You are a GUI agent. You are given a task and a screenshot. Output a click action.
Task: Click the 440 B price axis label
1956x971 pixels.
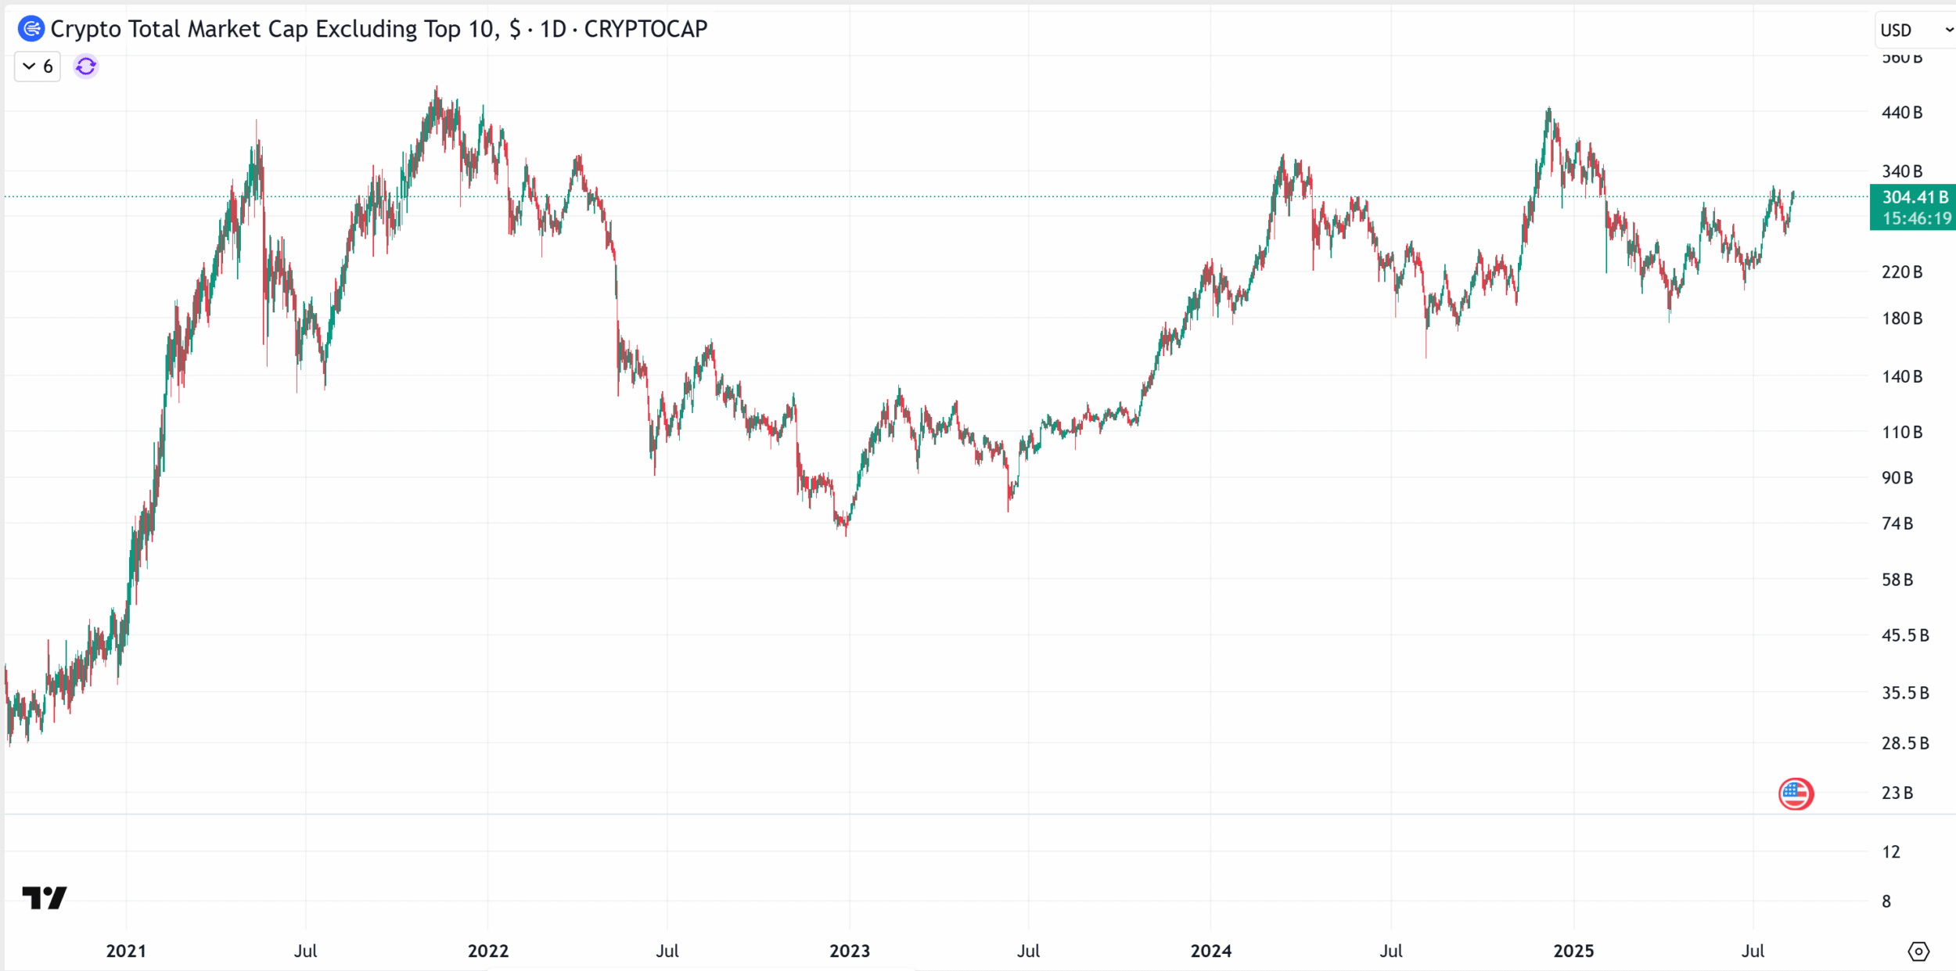click(x=1901, y=113)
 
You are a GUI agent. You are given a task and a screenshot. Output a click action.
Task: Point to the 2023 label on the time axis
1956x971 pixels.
click(x=849, y=951)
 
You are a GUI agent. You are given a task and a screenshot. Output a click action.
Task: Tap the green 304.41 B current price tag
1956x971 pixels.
click(x=1914, y=197)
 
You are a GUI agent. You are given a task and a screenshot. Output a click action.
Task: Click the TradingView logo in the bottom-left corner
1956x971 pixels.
click(x=44, y=897)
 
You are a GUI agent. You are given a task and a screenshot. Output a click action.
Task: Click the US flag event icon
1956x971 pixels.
click(x=1796, y=794)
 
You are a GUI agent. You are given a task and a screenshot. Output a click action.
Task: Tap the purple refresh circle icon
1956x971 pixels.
click(x=86, y=67)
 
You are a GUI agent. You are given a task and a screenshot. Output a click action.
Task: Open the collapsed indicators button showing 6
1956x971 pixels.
click(x=38, y=67)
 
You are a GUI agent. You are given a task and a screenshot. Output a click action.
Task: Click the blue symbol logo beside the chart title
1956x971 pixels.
click(x=31, y=29)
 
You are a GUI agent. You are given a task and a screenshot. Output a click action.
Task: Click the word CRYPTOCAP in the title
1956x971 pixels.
click(x=645, y=29)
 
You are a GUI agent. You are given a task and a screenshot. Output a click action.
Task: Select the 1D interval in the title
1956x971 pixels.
click(x=553, y=29)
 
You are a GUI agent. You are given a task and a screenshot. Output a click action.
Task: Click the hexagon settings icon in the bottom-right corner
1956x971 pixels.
click(x=1918, y=951)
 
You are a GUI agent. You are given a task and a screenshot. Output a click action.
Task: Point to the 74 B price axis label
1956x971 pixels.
click(x=1897, y=523)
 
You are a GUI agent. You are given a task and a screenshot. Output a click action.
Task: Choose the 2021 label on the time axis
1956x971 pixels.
click(x=126, y=951)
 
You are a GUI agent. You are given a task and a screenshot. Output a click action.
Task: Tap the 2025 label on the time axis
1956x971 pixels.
click(x=1573, y=951)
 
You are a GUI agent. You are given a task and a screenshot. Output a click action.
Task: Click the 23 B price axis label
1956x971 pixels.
click(x=1897, y=793)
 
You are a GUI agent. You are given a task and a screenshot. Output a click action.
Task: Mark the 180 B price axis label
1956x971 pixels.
click(x=1901, y=318)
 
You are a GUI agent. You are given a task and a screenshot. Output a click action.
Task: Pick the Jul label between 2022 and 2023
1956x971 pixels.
click(x=667, y=951)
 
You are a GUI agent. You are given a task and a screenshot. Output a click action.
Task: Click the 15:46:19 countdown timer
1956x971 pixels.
click(x=1916, y=218)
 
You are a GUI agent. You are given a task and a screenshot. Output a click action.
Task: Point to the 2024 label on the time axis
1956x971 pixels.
click(x=1210, y=951)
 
